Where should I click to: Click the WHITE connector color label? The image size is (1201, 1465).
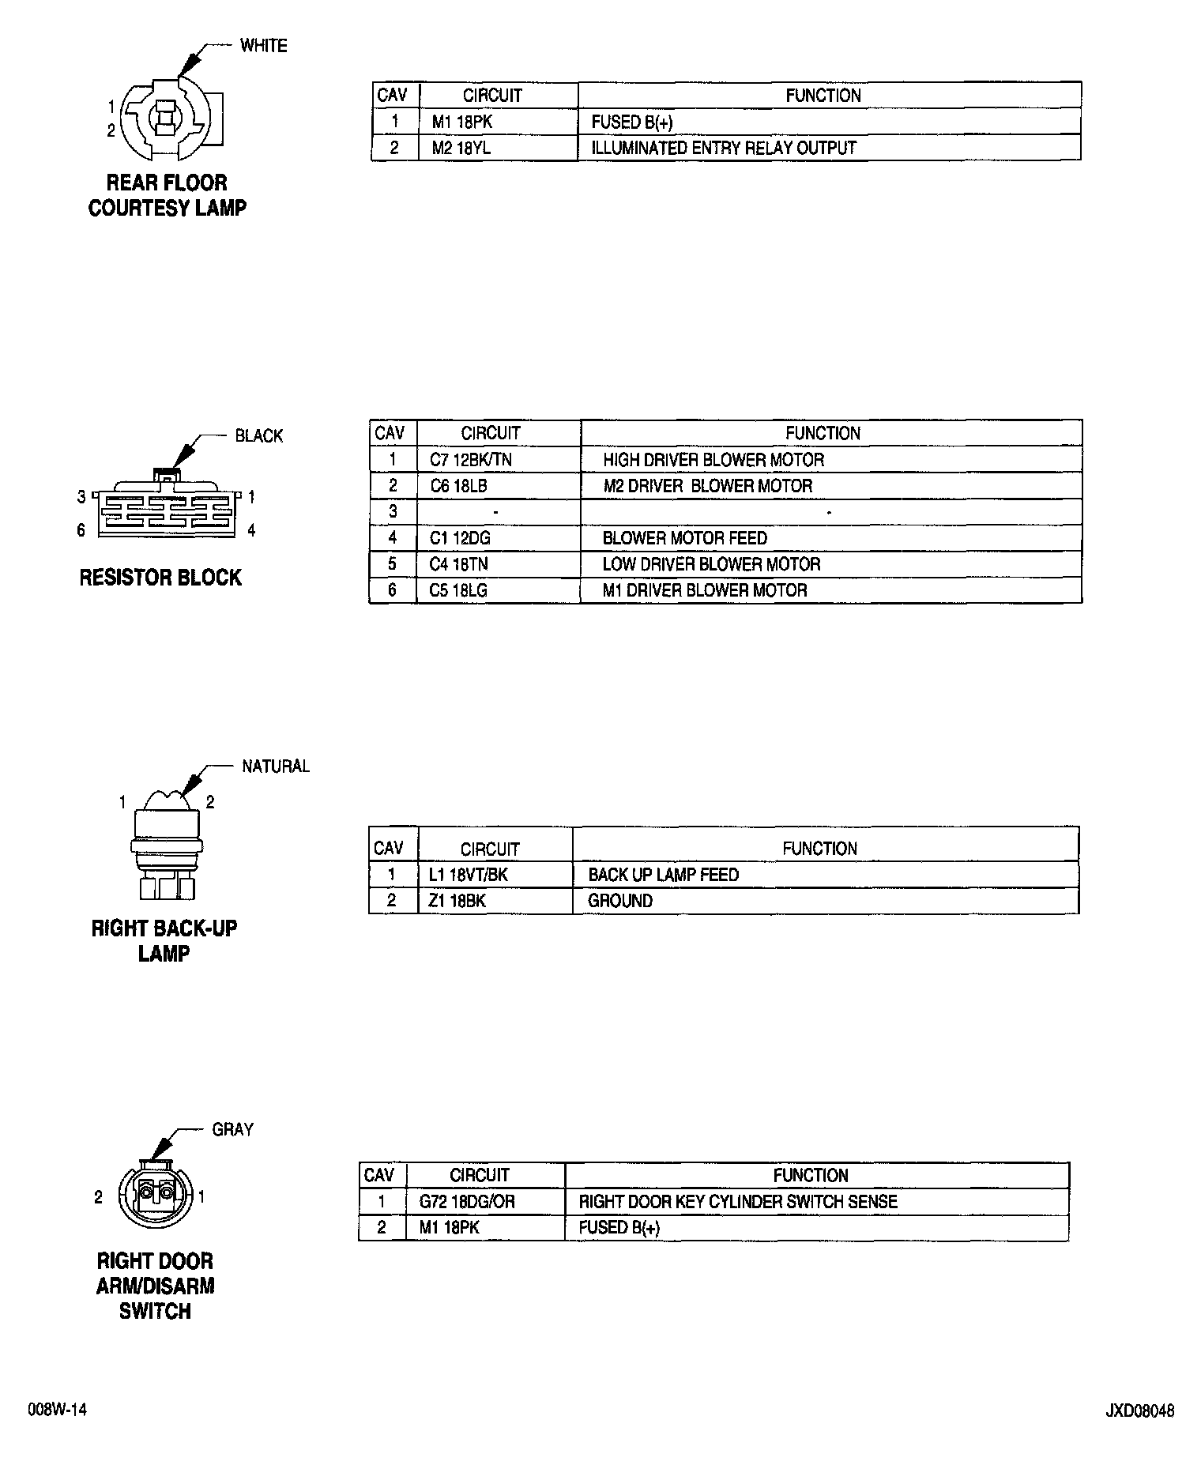click(x=263, y=46)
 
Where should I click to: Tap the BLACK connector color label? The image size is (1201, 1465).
click(x=258, y=436)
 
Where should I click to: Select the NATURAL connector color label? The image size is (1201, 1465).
click(x=275, y=766)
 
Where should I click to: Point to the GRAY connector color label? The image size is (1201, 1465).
click(x=232, y=1130)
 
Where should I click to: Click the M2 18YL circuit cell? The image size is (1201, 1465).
click(x=461, y=148)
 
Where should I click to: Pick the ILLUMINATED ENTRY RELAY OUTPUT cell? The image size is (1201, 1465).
click(x=723, y=148)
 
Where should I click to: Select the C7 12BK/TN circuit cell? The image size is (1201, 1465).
click(x=470, y=460)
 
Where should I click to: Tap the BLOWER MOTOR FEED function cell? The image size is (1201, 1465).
click(x=684, y=538)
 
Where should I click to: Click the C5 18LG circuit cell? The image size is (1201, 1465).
click(x=458, y=590)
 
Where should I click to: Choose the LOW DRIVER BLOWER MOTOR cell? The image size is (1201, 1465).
click(x=711, y=564)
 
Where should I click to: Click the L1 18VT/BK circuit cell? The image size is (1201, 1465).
click(x=468, y=875)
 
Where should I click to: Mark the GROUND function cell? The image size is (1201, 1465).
click(x=620, y=901)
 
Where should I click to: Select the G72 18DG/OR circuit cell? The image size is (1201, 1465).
click(x=467, y=1202)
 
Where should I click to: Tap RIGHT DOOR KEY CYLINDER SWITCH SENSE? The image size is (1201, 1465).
click(x=738, y=1202)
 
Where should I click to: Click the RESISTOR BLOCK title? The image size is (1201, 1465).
click(x=160, y=578)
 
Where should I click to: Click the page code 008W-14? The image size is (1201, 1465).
click(x=57, y=1410)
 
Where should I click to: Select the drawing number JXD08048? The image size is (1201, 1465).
click(x=1140, y=1410)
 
